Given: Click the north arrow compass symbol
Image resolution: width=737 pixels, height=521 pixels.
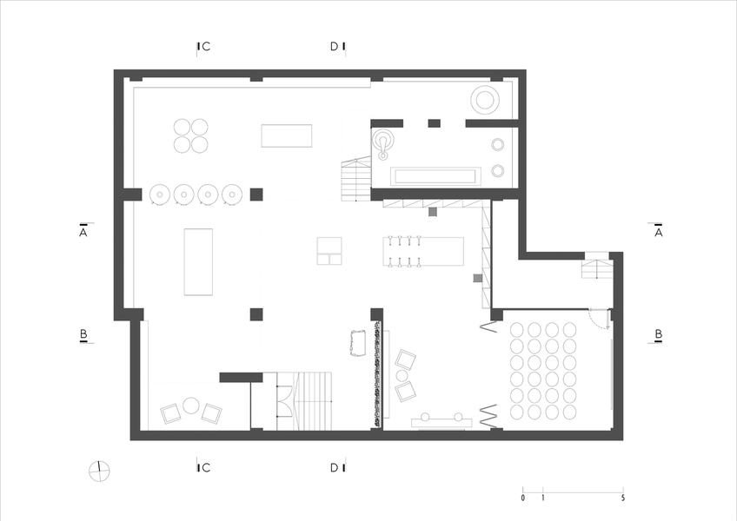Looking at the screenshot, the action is pos(99,472).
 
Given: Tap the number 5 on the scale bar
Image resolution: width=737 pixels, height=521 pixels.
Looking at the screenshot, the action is pos(623,498).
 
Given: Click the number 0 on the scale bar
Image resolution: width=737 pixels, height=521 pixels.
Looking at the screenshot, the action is pos(522,498).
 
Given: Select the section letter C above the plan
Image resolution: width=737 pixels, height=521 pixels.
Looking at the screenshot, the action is pos(206,47).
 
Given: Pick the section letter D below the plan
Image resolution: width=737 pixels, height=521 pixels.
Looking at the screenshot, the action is pos(335,467).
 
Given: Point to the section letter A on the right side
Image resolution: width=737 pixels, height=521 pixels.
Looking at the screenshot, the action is pos(659,232).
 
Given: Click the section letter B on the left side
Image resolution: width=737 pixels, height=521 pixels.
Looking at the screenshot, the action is pos(83,334).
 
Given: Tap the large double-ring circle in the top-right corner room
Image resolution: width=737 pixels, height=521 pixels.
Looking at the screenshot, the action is pos(485,100).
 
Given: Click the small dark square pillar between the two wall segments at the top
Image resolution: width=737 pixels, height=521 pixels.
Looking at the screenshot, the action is pos(434,123).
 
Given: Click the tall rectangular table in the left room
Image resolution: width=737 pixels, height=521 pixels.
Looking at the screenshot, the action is pos(198,261).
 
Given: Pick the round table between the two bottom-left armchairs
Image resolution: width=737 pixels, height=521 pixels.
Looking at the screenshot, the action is pos(191,406).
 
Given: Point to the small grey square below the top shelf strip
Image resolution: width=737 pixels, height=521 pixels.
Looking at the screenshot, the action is pos(433,212).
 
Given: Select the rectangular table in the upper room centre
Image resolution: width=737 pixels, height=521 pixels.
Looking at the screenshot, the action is pos(286,135).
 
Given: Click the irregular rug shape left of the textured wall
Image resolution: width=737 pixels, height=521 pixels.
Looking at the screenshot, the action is pos(358,343).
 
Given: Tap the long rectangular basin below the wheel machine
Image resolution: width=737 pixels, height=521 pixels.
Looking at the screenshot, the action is pos(435,176).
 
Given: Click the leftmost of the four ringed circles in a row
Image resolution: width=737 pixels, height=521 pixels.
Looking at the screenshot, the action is pos(160,194).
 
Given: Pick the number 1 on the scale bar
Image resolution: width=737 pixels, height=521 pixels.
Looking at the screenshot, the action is pos(542,498).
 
